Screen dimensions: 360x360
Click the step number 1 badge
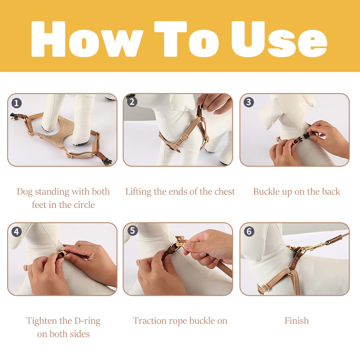[17, 103]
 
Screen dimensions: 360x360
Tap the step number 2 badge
[132, 102]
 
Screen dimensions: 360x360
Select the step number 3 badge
[249, 102]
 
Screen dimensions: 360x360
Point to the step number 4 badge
[17, 232]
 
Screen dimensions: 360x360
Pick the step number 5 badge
[132, 230]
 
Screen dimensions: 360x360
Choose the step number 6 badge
[249, 231]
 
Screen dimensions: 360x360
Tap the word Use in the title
[279, 39]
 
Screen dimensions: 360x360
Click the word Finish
[297, 321]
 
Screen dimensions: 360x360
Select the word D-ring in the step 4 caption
[87, 321]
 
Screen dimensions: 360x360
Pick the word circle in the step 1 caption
[84, 205]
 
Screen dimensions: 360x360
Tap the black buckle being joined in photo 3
[301, 139]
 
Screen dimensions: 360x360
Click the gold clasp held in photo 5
[180, 244]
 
